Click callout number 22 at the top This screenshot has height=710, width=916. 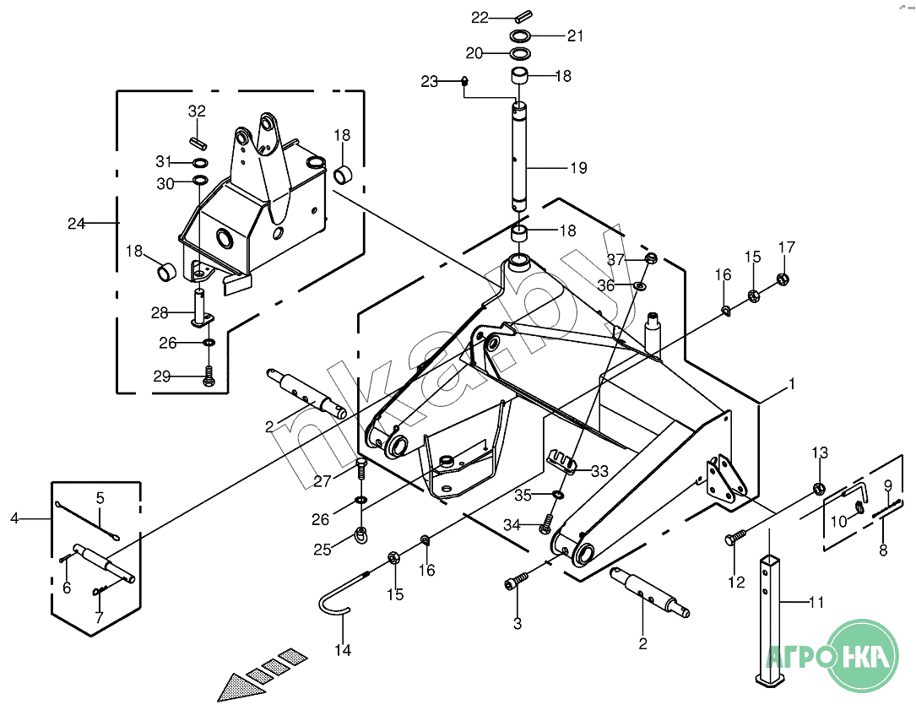(x=480, y=17)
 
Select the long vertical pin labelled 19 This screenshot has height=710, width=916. (x=519, y=156)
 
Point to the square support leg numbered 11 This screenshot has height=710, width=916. (x=771, y=616)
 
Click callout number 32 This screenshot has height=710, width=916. (x=197, y=111)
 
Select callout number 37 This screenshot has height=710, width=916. (x=616, y=258)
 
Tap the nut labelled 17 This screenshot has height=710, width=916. (x=783, y=279)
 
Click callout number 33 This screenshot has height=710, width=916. (x=599, y=471)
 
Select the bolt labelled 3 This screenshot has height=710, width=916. (x=517, y=584)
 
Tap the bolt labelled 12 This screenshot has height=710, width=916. (x=734, y=538)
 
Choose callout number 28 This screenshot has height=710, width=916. (x=160, y=313)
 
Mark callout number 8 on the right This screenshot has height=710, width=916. (x=884, y=550)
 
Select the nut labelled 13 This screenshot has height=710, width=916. (x=818, y=487)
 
